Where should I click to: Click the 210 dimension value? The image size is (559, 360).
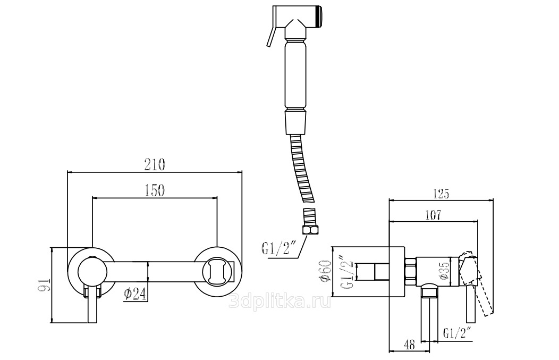155,164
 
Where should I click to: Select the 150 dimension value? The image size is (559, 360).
155,190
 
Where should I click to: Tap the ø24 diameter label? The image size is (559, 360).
135,294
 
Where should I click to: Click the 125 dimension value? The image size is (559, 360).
441,194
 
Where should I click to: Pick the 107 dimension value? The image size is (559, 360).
433,215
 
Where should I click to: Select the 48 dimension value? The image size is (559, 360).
410,345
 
